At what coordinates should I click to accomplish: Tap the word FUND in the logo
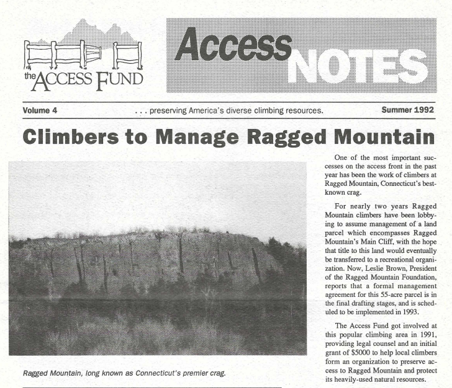point(122,79)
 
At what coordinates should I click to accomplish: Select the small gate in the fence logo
point(93,55)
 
